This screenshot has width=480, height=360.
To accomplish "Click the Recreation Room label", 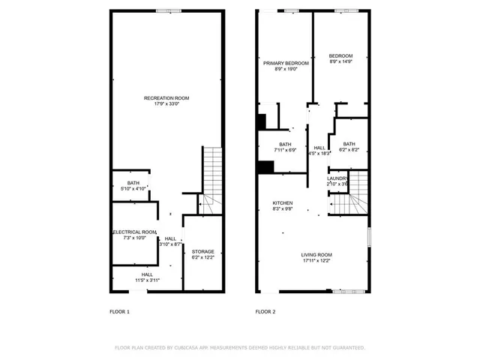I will pos(167,97).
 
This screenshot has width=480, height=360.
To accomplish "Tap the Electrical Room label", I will pos(135,232).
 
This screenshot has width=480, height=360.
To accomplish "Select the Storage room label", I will pos(202,251).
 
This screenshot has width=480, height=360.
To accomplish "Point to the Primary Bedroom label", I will pos(286,63).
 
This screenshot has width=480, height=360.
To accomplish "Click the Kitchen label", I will pos(283,203).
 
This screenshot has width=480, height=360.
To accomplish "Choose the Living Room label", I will pos(317,255).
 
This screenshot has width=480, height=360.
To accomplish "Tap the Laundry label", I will pos(337,178).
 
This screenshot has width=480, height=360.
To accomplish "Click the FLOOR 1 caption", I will pos(119,311).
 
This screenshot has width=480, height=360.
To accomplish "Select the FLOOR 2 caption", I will pos(265,311).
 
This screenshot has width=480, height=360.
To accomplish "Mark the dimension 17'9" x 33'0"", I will pos(167,103).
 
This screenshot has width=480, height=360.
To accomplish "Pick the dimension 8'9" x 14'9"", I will pos(341,62).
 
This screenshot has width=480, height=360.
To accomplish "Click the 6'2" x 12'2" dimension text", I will pos(202,257).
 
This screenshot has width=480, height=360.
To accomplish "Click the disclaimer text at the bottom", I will pos(240,348).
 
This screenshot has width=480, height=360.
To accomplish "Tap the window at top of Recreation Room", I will pos(167,10).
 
